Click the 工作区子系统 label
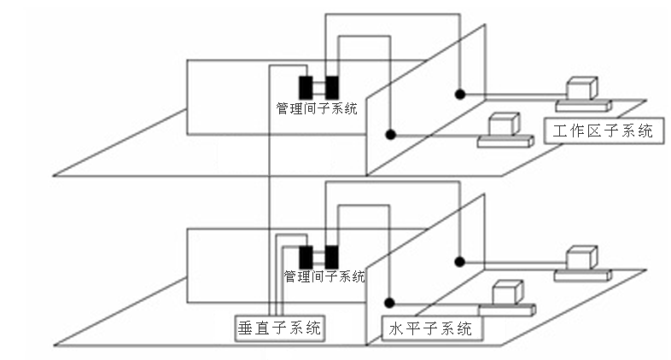[602, 131]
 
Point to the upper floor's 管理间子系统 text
[317, 108]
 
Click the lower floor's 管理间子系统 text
[324, 276]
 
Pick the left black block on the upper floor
[305, 86]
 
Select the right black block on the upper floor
[331, 86]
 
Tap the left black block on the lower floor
[306, 255]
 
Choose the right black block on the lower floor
[331, 255]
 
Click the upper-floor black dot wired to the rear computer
[459, 94]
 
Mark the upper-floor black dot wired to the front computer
[391, 134]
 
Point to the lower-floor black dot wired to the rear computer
[459, 261]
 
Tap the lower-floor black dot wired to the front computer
[391, 301]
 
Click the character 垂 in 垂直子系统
[245, 328]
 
